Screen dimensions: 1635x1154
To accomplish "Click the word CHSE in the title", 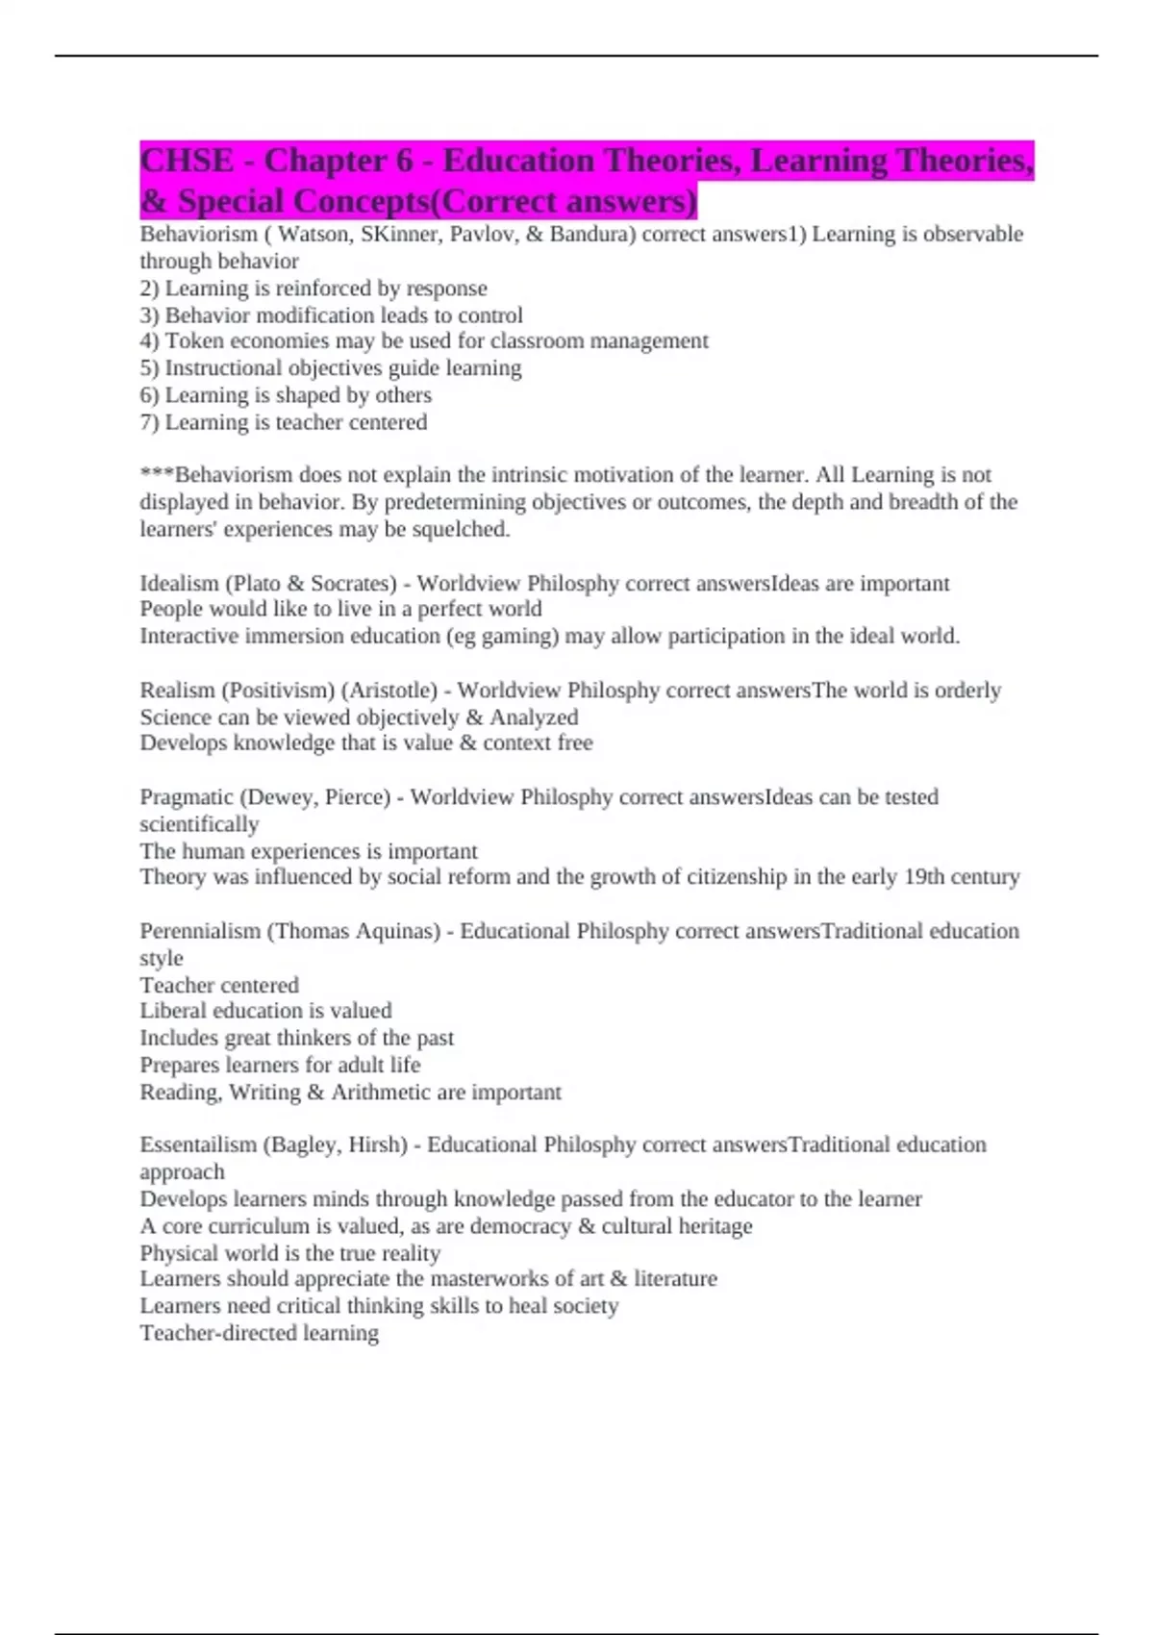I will click(187, 161).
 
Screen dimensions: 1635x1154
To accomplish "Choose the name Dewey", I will click(279, 797).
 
